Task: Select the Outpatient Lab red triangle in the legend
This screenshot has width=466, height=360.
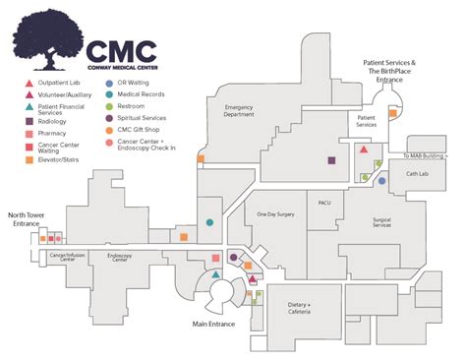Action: tap(29, 83)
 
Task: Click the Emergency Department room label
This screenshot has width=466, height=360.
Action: tap(246, 110)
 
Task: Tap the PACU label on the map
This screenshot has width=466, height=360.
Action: tap(325, 203)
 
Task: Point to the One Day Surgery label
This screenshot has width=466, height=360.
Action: tap(274, 213)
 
